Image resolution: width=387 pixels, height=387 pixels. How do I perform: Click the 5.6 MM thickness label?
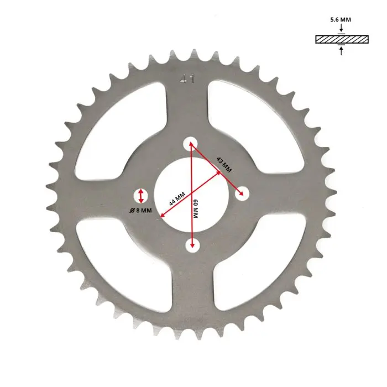341,19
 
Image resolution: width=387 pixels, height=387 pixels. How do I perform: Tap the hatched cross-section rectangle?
342,39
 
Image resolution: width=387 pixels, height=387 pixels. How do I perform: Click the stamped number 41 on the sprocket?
187,79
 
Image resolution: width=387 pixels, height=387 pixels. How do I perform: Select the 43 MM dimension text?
224,164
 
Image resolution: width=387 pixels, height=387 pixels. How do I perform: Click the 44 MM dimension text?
177,199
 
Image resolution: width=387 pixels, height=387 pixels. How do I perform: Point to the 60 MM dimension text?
195,208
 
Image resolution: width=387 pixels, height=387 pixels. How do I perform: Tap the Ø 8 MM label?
140,211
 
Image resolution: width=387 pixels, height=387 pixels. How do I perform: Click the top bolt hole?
190,144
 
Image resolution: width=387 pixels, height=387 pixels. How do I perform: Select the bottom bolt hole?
192,245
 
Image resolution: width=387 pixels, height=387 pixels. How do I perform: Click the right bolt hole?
242,193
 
